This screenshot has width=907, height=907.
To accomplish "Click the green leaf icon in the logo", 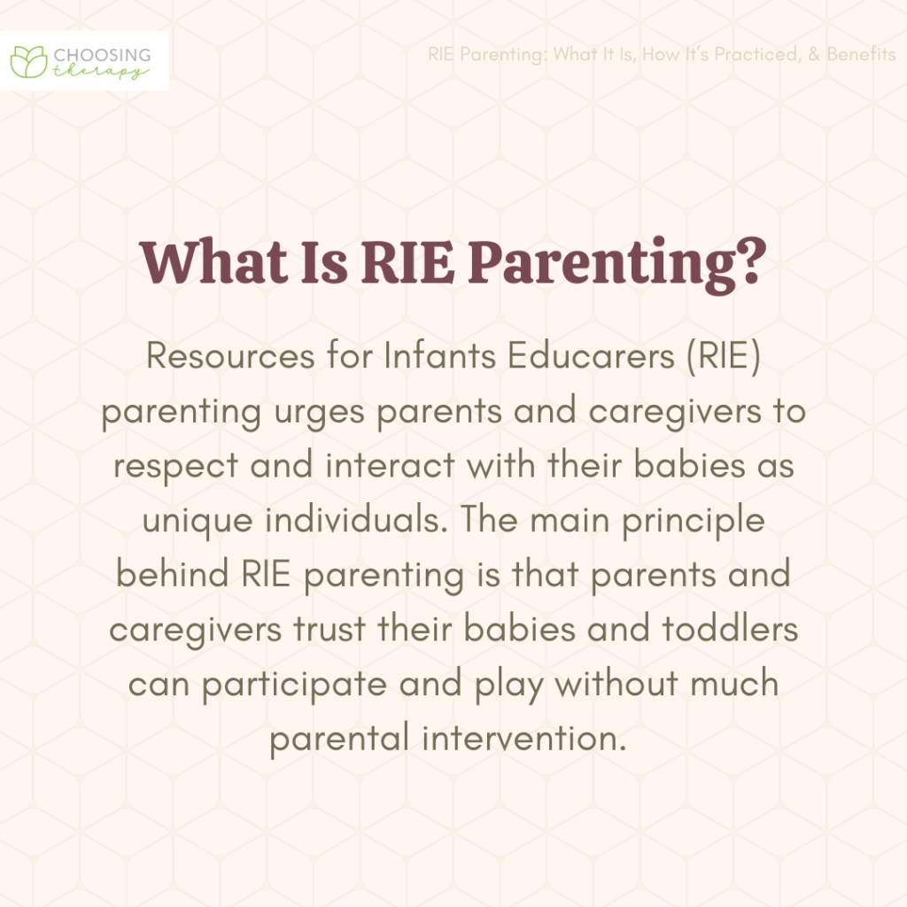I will [x=28, y=59].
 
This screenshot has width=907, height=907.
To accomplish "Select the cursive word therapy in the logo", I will [x=99, y=72].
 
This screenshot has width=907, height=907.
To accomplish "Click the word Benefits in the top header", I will [x=861, y=54].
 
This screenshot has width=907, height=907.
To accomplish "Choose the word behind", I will [x=174, y=575].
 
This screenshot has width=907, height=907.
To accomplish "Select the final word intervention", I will [x=518, y=737].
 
